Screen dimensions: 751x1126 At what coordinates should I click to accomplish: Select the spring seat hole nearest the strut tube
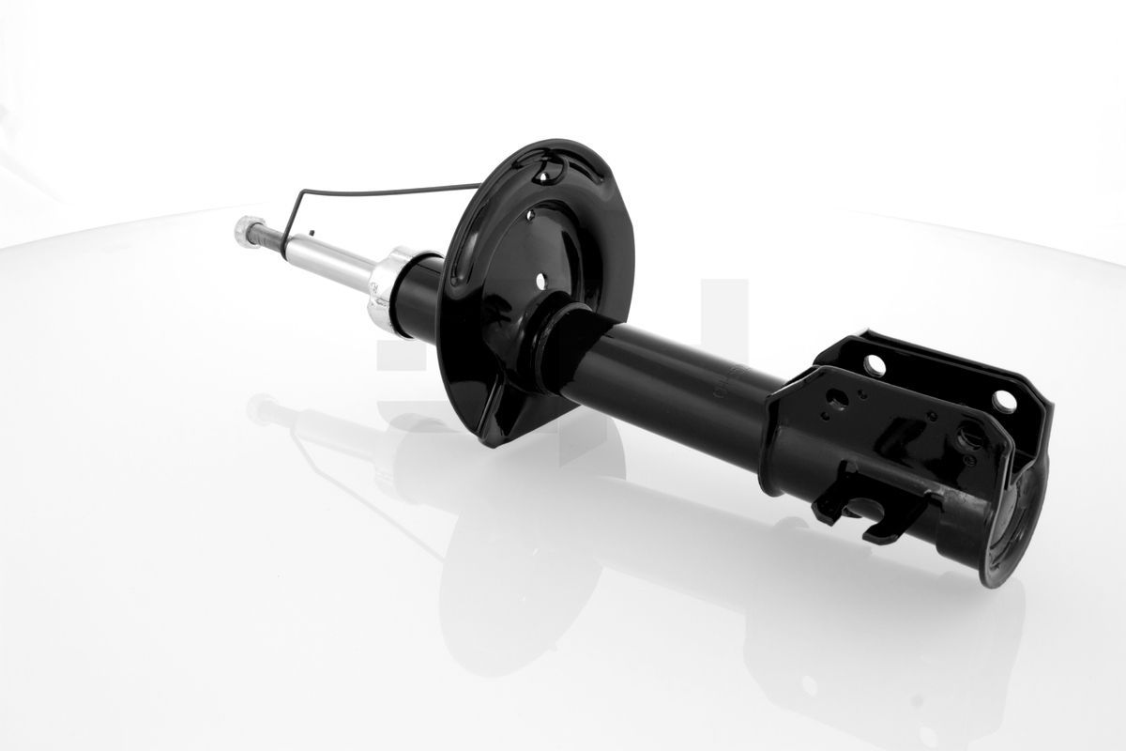click(x=541, y=281)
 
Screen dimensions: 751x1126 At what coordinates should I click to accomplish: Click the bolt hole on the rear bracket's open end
click(x=1004, y=401)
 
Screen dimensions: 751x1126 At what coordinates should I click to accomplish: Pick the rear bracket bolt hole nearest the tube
click(x=875, y=365)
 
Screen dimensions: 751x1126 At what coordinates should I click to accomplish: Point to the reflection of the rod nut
click(x=262, y=408)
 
